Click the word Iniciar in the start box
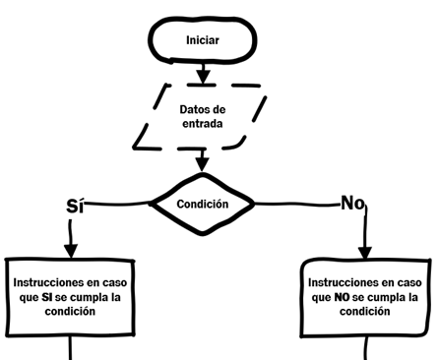point(202,41)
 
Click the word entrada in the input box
point(203,125)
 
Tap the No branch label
point(352,204)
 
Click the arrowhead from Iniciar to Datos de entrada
point(203,76)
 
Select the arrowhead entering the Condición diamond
point(203,161)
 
